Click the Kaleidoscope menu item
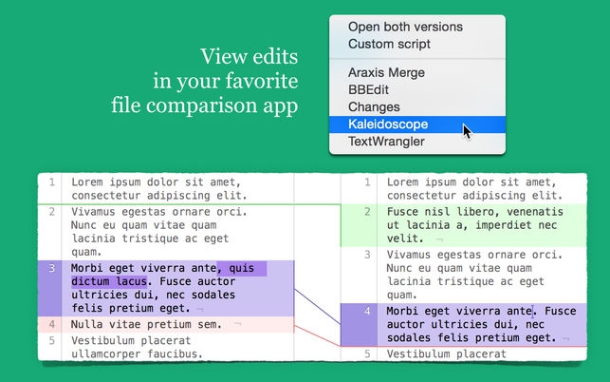389,124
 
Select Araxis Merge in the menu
386,72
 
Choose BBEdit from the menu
368,89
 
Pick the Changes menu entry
374,107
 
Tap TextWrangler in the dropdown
386,142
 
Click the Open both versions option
406,26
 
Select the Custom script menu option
389,44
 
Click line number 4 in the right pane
367,312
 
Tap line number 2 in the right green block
367,212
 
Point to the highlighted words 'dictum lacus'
109,282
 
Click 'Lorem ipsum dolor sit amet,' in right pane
471,181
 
